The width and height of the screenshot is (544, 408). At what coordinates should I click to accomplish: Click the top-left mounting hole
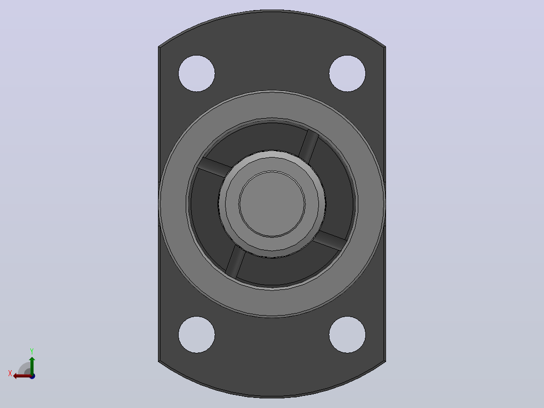tap(197, 73)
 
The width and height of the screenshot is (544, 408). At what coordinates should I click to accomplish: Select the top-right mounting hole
tap(347, 73)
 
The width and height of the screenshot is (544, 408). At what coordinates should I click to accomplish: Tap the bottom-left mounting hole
tap(197, 335)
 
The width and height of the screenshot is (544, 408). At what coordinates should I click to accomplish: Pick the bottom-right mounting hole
tap(347, 335)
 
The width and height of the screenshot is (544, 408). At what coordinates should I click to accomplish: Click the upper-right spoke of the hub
tap(308, 146)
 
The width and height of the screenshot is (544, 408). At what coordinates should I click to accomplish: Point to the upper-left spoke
tap(215, 167)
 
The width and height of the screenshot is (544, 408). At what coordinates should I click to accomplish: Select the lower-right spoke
tap(330, 240)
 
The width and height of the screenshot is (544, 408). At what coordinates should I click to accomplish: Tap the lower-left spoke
tap(236, 261)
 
